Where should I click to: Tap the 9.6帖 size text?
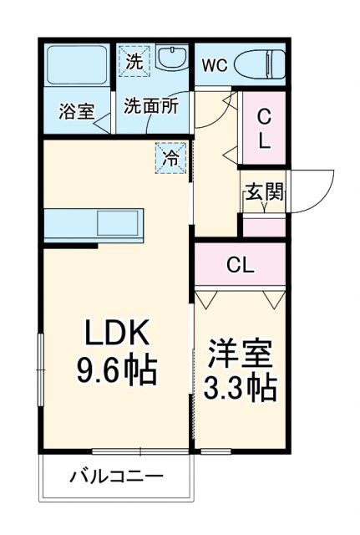117,369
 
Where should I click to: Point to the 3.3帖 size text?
241,388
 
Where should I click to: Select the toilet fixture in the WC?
259,63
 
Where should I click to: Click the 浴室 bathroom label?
75,111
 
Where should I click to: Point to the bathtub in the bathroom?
76,67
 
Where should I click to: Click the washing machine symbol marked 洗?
134,60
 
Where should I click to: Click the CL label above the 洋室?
241,266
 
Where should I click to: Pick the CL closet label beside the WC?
263,129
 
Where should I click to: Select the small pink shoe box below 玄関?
263,227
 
